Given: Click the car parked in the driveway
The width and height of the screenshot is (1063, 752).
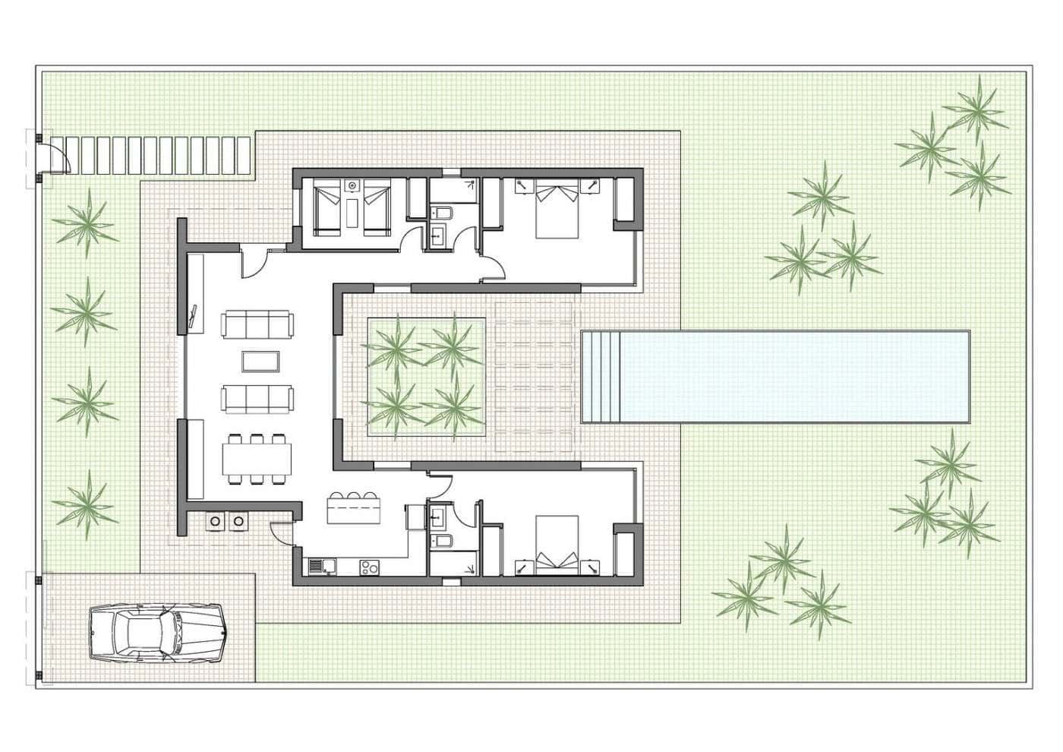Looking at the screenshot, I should click(156, 632).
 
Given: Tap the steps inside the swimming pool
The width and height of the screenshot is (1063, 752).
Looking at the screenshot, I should click(601, 377).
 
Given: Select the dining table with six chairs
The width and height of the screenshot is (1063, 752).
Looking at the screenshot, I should click(257, 459).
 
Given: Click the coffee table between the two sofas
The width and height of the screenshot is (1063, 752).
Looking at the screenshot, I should click(260, 362).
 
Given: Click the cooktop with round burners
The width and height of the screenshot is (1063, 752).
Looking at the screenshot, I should click(369, 566).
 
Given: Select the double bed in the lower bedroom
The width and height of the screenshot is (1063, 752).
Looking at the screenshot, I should click(557, 545).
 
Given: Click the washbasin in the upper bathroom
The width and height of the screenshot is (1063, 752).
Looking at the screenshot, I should click(439, 236).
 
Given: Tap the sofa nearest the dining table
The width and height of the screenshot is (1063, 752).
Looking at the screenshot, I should click(257, 398).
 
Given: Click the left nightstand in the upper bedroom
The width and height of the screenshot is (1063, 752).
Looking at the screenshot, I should click(522, 185).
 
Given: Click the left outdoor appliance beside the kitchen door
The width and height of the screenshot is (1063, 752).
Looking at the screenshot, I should click(216, 521).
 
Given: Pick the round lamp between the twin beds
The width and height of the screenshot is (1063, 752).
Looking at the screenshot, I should click(352, 185).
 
